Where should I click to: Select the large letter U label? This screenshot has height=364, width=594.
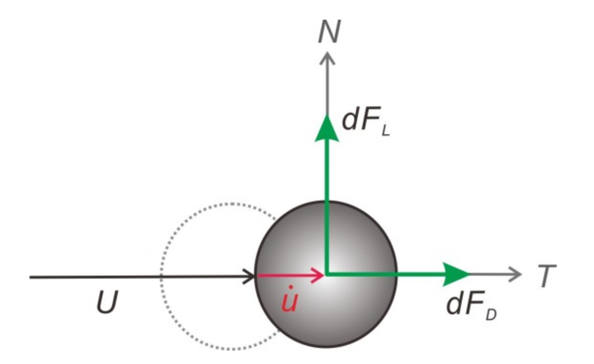107,303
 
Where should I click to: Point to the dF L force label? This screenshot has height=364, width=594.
365,122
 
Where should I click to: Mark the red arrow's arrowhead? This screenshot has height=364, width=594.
318,275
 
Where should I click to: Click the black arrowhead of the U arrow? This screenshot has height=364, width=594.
250,277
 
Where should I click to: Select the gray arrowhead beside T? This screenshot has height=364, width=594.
515,274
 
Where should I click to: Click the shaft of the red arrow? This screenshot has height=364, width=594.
282,275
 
